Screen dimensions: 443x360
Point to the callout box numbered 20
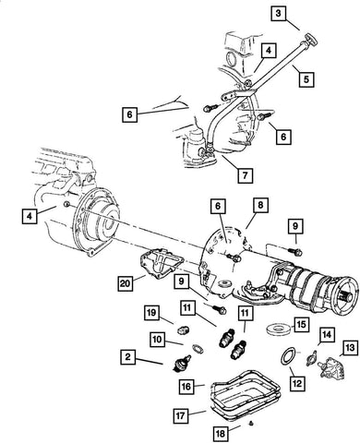pyautogui.click(x=125, y=282)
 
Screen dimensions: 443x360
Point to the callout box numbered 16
pyautogui.click(x=186, y=386)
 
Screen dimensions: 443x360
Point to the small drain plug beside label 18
pyautogui.click(x=250, y=426)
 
